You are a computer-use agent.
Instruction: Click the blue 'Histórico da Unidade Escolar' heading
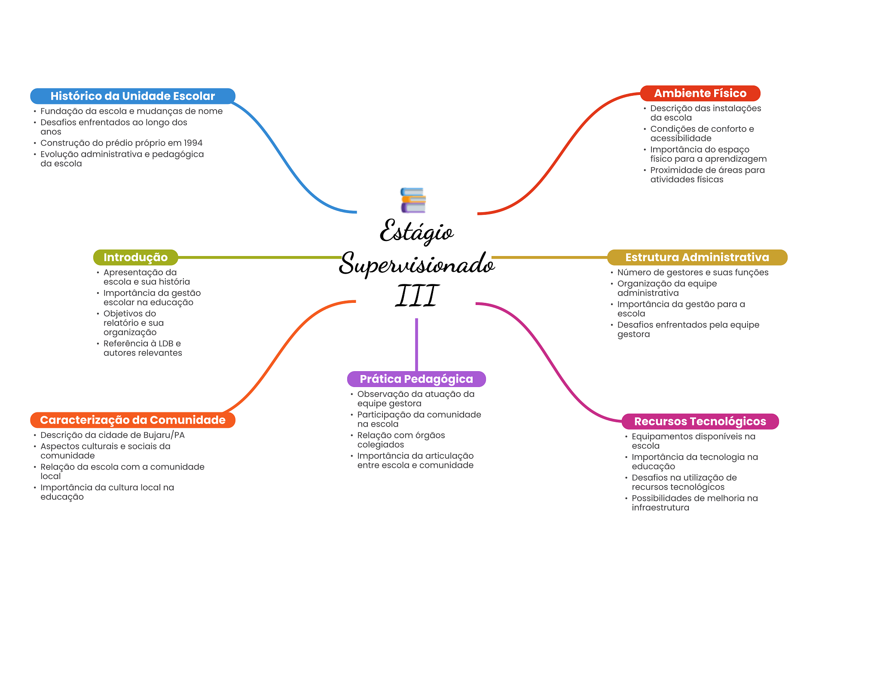pos(132,96)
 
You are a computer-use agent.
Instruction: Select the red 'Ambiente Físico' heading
pos(700,93)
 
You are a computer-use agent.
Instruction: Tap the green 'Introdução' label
pos(135,257)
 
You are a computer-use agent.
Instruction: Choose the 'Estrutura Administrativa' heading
pos(697,257)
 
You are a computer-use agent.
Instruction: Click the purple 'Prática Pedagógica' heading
pos(416,379)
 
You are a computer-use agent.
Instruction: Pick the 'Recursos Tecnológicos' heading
pos(700,421)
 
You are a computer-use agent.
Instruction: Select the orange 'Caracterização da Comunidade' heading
pos(132,420)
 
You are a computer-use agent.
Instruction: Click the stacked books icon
pos(413,200)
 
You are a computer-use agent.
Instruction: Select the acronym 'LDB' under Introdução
pos(166,344)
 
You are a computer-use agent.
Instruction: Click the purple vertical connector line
pos(416,344)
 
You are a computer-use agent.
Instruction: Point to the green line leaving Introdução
pos(258,257)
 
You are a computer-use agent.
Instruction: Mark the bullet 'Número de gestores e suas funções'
pos(693,272)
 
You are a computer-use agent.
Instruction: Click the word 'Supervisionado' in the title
pos(416,264)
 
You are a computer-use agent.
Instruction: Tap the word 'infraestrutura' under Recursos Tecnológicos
pos(660,508)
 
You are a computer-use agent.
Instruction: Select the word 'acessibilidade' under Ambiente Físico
pos(681,138)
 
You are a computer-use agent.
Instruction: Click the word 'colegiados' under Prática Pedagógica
pos(381,445)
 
